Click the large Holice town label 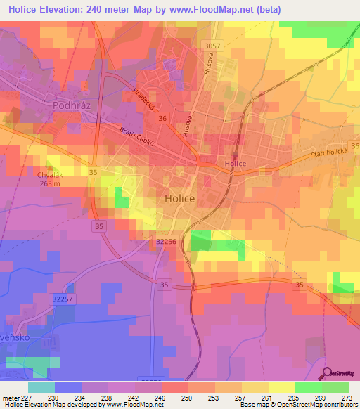pos(179,199)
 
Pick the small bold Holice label pos(235,164)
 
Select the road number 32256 pos(165,241)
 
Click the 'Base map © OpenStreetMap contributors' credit pos(298,405)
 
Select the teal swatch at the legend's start pos(41,387)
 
